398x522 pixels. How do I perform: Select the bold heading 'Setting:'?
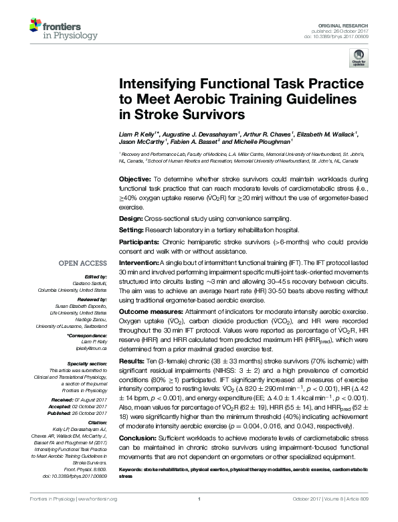pyautogui.click(x=132, y=229)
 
